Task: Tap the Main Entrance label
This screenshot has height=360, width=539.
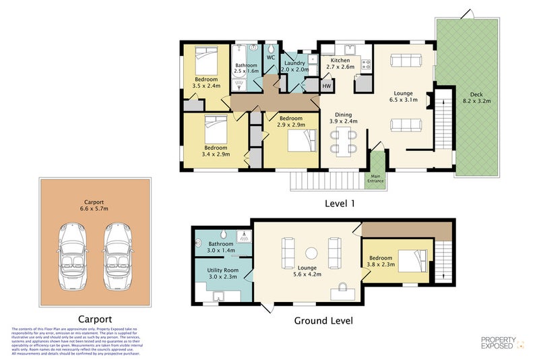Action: click(x=375, y=179)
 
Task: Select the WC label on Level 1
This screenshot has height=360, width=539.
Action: click(x=269, y=58)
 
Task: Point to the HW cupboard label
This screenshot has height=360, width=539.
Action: click(x=327, y=86)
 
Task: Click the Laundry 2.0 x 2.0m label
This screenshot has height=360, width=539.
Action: click(x=294, y=66)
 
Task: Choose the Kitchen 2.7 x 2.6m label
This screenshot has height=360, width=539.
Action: click(x=340, y=64)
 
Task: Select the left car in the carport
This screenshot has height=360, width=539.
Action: click(x=73, y=257)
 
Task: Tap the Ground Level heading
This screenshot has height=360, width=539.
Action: click(x=323, y=320)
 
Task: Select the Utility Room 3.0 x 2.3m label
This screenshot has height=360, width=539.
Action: click(x=221, y=274)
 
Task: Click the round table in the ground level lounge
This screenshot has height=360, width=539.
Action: click(x=311, y=253)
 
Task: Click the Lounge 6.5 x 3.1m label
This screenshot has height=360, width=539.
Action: click(x=403, y=96)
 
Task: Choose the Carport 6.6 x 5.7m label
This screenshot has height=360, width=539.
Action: click(x=94, y=206)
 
